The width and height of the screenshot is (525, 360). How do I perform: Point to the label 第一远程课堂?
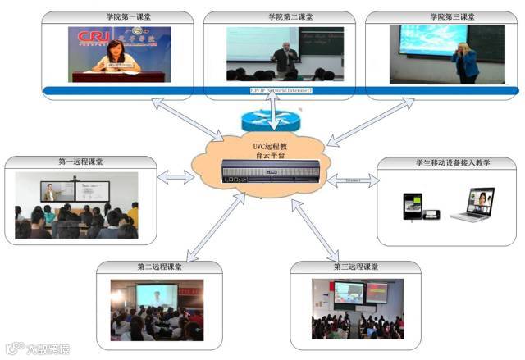click(x=80, y=162)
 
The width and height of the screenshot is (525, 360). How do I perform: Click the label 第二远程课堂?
click(x=160, y=267)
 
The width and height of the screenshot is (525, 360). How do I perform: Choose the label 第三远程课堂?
click(x=356, y=267)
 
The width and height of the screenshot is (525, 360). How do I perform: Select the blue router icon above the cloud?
click(x=274, y=117)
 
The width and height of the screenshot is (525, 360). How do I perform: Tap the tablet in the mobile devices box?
click(x=412, y=206)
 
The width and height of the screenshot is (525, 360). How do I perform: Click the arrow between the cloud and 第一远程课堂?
click(x=177, y=176)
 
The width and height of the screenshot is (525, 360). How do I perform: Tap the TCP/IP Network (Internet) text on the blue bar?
click(x=281, y=89)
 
